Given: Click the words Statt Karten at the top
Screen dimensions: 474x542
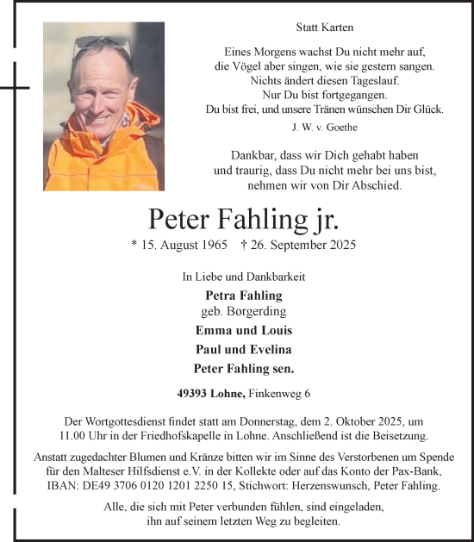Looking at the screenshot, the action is click(x=324, y=28).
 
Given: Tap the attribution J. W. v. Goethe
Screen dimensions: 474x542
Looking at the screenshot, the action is click(x=324, y=127).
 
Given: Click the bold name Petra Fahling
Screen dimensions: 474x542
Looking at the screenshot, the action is click(x=244, y=296).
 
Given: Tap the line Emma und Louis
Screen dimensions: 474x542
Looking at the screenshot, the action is click(x=244, y=330).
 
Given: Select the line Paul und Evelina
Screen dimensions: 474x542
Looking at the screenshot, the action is click(x=244, y=349).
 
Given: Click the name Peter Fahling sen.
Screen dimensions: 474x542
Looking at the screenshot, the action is click(x=244, y=368).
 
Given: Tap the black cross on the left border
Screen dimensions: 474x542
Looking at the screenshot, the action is click(x=15, y=87).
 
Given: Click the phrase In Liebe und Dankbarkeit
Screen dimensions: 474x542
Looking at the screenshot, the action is click(x=244, y=277).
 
